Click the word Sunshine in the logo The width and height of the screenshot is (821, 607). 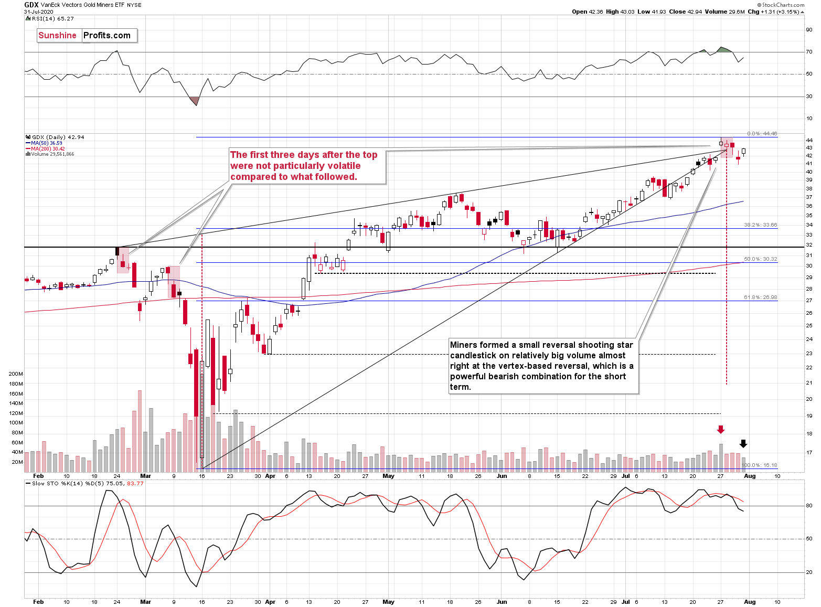(x=58, y=36)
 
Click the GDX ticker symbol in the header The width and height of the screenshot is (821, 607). (x=31, y=5)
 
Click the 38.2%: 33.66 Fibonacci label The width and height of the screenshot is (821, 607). (x=760, y=225)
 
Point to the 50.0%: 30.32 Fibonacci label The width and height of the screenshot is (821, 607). (x=760, y=259)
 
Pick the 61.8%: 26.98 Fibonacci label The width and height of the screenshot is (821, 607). (x=760, y=297)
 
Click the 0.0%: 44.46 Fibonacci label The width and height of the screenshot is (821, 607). (x=762, y=134)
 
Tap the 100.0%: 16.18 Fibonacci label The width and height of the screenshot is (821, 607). (x=759, y=465)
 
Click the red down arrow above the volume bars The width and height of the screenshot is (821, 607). (x=721, y=430)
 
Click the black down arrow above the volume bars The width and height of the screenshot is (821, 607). (x=743, y=443)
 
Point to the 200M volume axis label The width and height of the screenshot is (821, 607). (x=16, y=374)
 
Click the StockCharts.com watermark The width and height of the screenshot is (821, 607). (x=783, y=5)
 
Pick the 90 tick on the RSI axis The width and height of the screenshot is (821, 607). (x=809, y=30)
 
